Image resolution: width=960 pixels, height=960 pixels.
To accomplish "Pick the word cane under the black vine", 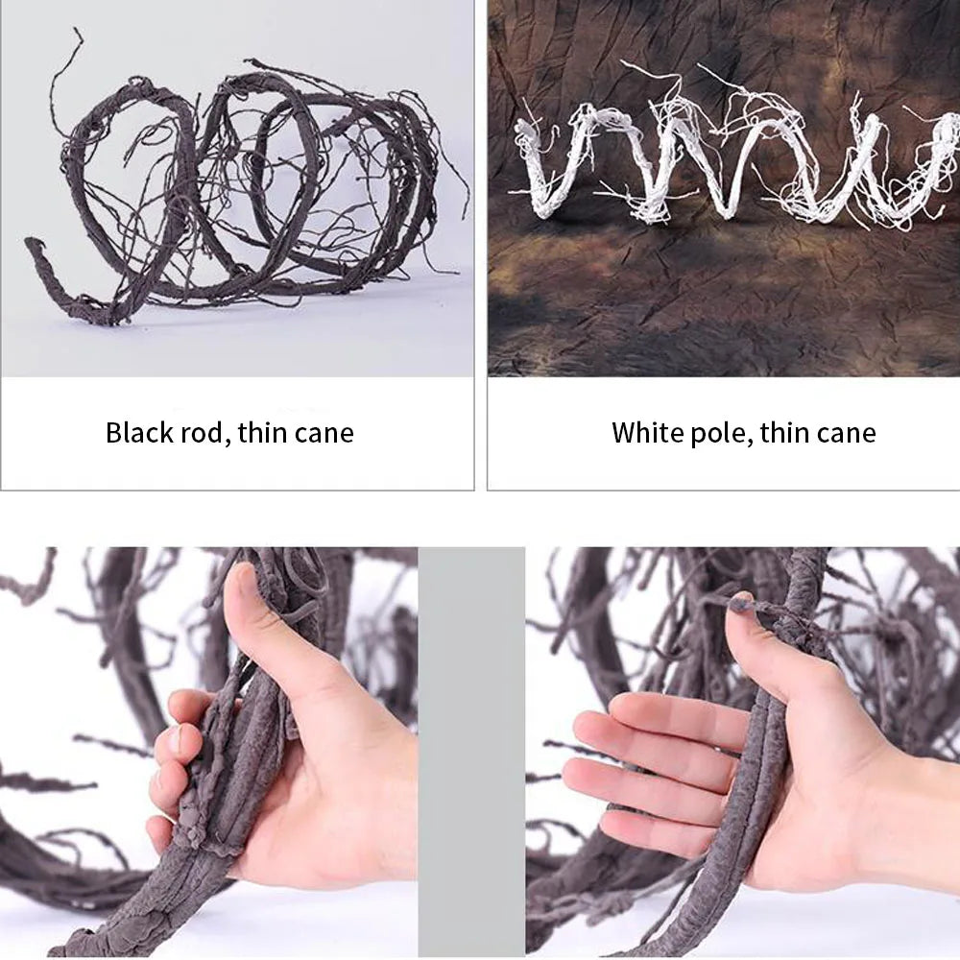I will [x=324, y=433].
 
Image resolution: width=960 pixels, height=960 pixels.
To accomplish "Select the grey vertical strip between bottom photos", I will [x=471, y=749].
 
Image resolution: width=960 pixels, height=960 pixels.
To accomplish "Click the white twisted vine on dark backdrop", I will [x=720, y=163].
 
